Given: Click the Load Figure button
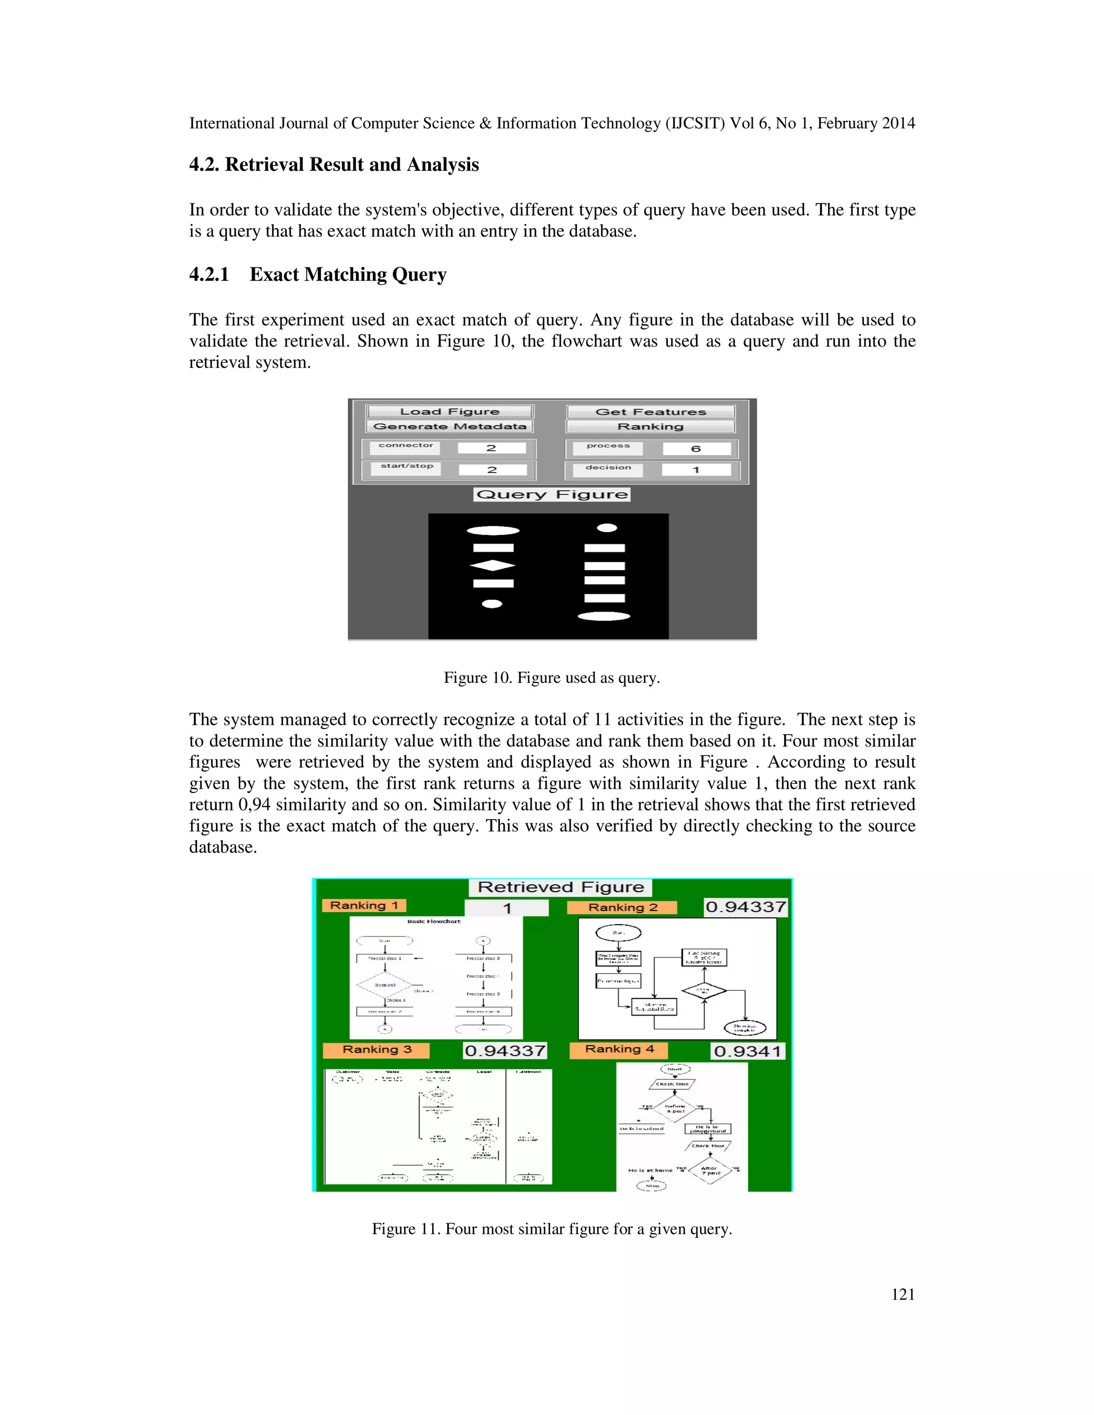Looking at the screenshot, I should [x=449, y=411].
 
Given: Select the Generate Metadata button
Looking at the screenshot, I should [x=449, y=426].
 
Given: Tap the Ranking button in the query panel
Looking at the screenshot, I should [x=650, y=426].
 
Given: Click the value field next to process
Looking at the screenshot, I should [x=696, y=449].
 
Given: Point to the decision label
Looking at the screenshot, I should [x=608, y=468].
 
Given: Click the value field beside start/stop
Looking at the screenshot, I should [x=492, y=470].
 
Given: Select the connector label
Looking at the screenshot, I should [x=406, y=446].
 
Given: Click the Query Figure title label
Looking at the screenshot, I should [x=551, y=494].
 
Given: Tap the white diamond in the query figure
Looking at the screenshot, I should [x=493, y=565].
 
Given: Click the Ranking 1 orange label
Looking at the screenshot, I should [x=364, y=905].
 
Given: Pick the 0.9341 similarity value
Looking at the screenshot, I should [x=747, y=1051].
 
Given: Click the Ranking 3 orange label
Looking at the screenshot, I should [x=377, y=1050].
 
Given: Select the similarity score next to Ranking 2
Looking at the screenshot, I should [x=745, y=907].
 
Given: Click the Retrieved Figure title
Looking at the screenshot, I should [x=560, y=887].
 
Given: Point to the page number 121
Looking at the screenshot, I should [x=903, y=1294].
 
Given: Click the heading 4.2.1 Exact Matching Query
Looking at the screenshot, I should [x=318, y=274].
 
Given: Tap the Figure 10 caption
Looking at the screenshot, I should [x=551, y=678].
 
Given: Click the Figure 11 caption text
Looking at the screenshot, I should [x=551, y=1229].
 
